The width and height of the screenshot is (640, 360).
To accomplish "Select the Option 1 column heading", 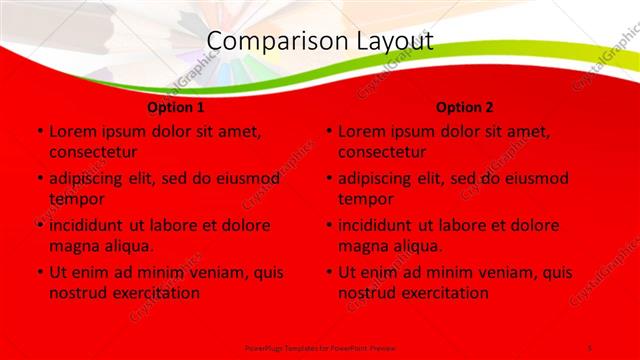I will [176, 107].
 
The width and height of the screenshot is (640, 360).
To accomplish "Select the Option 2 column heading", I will [465, 107].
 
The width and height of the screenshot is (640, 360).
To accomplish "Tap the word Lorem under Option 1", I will [72, 131].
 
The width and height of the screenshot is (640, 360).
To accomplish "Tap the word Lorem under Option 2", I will [361, 131].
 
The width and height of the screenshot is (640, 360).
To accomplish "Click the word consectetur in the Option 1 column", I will [93, 152].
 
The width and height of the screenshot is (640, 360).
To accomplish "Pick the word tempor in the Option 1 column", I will [76, 198].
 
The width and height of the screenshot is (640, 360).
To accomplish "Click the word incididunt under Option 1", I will [92, 225].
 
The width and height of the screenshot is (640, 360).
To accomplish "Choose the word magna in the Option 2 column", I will [362, 246].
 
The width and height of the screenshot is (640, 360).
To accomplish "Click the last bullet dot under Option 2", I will [329, 272].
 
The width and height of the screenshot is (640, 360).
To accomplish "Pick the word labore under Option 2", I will [465, 225].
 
